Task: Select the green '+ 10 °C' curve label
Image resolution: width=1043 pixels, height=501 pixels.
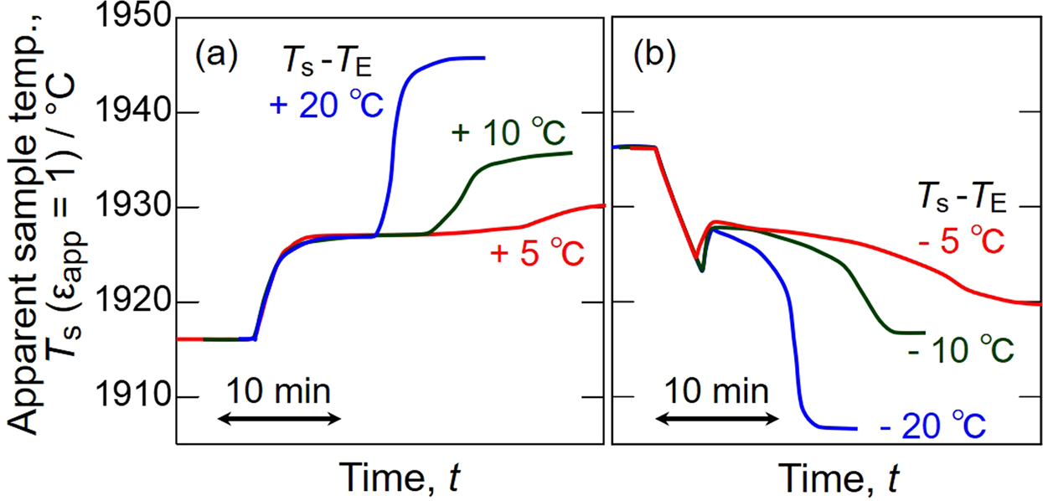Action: pyautogui.click(x=508, y=133)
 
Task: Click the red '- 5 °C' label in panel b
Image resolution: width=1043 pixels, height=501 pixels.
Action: pyautogui.click(x=958, y=242)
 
